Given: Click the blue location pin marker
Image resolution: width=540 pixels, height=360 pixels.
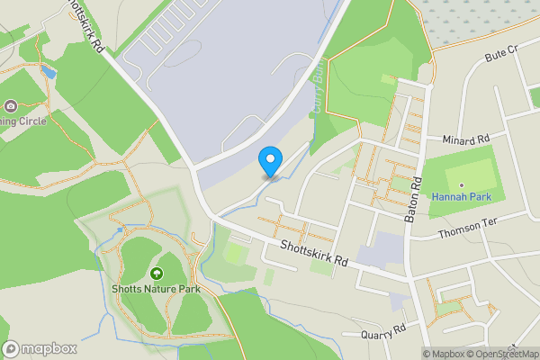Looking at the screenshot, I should (269, 160).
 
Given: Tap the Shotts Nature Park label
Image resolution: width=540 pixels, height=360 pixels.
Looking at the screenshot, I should (157, 289).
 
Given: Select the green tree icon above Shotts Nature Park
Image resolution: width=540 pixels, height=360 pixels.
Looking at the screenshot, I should (157, 273).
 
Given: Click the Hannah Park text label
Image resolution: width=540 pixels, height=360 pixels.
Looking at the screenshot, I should (461, 196).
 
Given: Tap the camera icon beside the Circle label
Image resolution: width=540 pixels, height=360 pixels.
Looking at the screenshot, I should (11, 106).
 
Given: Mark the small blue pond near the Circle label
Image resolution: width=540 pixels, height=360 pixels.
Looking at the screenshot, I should (48, 71).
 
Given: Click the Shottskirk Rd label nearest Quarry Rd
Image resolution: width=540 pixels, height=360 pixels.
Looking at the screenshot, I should (314, 255).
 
